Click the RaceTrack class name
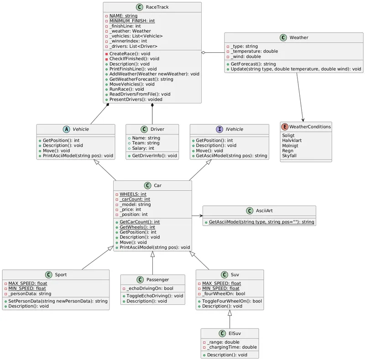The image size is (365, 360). coord(157,7)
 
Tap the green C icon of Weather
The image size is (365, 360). coord(283,37)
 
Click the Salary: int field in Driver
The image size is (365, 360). coord(143,148)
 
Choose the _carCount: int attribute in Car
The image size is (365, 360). coord(135,199)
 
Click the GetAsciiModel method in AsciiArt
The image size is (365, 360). coord(261,222)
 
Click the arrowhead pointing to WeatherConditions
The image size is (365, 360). coord(303,119)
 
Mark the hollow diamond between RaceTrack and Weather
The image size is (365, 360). coord(204,53)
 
